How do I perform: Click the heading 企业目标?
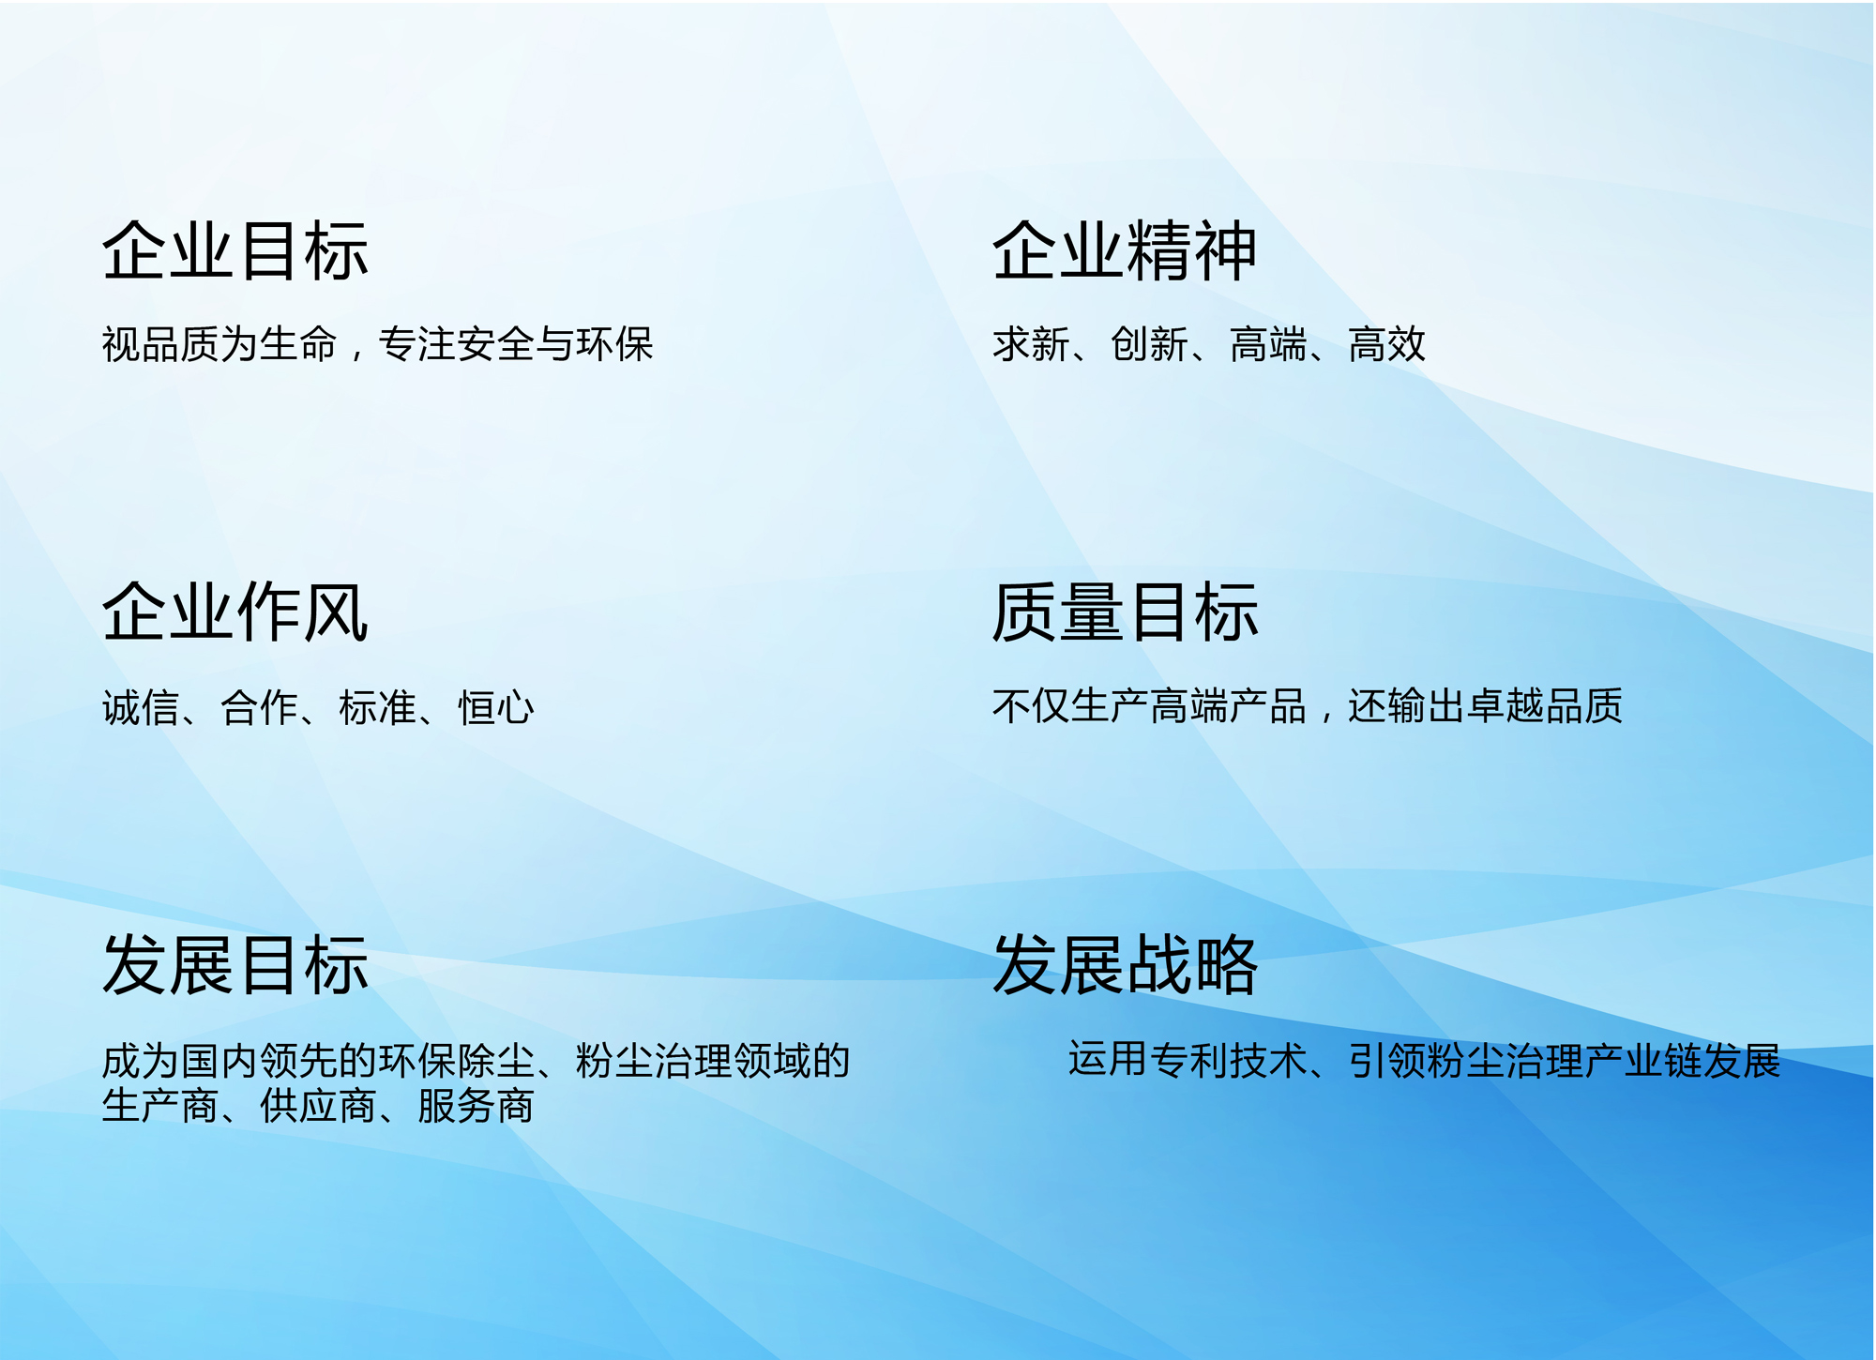click(235, 251)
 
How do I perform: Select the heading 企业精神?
click(1125, 251)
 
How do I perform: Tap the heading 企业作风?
click(235, 612)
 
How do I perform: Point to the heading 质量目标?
click(1125, 612)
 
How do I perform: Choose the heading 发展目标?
click(235, 964)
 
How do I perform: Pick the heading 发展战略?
click(1125, 964)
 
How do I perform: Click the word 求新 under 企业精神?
click(1031, 344)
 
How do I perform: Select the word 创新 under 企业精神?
click(1150, 344)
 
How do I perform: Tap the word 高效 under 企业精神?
click(1387, 344)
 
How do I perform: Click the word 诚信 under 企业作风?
click(141, 707)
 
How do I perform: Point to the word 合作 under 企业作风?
click(259, 707)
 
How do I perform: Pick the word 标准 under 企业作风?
click(377, 707)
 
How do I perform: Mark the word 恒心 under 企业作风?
click(496, 707)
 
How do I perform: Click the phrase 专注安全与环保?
click(516, 344)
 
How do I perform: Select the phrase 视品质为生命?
click(219, 344)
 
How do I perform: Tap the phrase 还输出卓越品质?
click(1485, 706)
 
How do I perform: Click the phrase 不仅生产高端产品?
click(1149, 706)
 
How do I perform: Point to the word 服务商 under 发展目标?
click(476, 1106)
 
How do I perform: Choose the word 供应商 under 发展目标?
click(318, 1106)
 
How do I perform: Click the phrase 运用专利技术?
click(1187, 1060)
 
